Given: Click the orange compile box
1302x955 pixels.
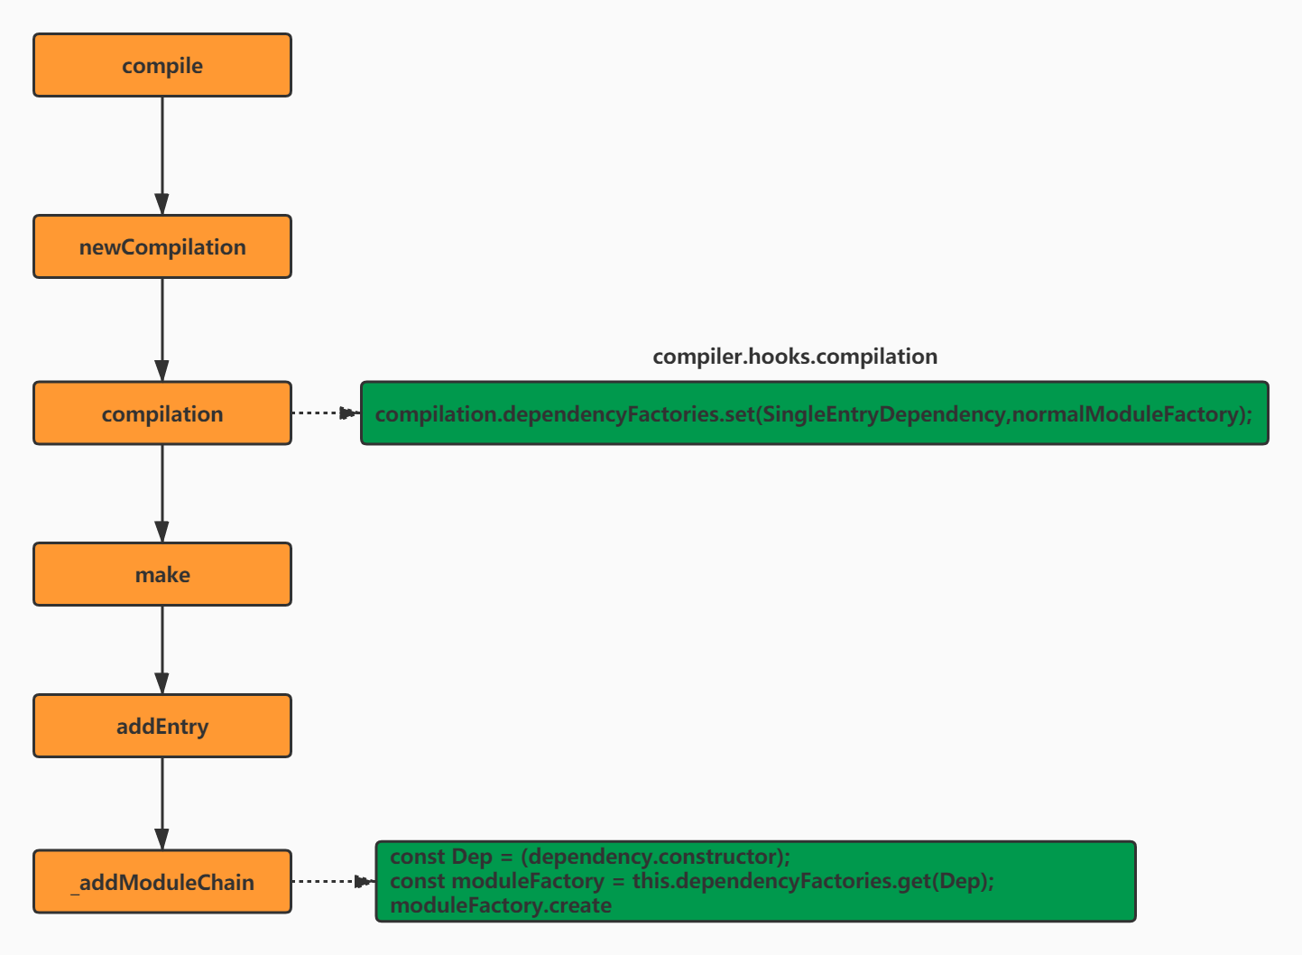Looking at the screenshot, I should pyautogui.click(x=162, y=65).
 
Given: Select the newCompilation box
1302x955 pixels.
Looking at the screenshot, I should pyautogui.click(x=162, y=246).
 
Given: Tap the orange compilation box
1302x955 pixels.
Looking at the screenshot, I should pyautogui.click(x=162, y=413).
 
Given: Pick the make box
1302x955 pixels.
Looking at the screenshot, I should pyautogui.click(x=162, y=574).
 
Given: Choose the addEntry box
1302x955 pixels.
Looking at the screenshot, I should pyautogui.click(x=162, y=726).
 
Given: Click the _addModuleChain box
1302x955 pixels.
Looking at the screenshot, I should pyautogui.click(x=162, y=882).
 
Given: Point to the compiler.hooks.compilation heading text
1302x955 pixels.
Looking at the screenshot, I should pyautogui.click(x=794, y=357).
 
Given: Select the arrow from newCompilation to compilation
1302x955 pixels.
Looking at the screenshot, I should pyautogui.click(x=162, y=329).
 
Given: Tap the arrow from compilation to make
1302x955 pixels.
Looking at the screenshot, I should pyautogui.click(x=162, y=493).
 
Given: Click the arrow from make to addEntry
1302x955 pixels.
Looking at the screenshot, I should pyautogui.click(x=162, y=650).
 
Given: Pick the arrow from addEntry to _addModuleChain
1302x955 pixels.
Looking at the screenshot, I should pyautogui.click(x=162, y=803).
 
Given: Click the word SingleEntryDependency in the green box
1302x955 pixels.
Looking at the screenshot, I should pyautogui.click(x=883, y=414).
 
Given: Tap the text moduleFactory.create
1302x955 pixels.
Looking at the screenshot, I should pyautogui.click(x=501, y=905).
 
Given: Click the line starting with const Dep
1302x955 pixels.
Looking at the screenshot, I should pyautogui.click(x=590, y=857).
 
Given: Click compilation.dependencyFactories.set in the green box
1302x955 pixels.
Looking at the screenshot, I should pyautogui.click(x=564, y=414).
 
